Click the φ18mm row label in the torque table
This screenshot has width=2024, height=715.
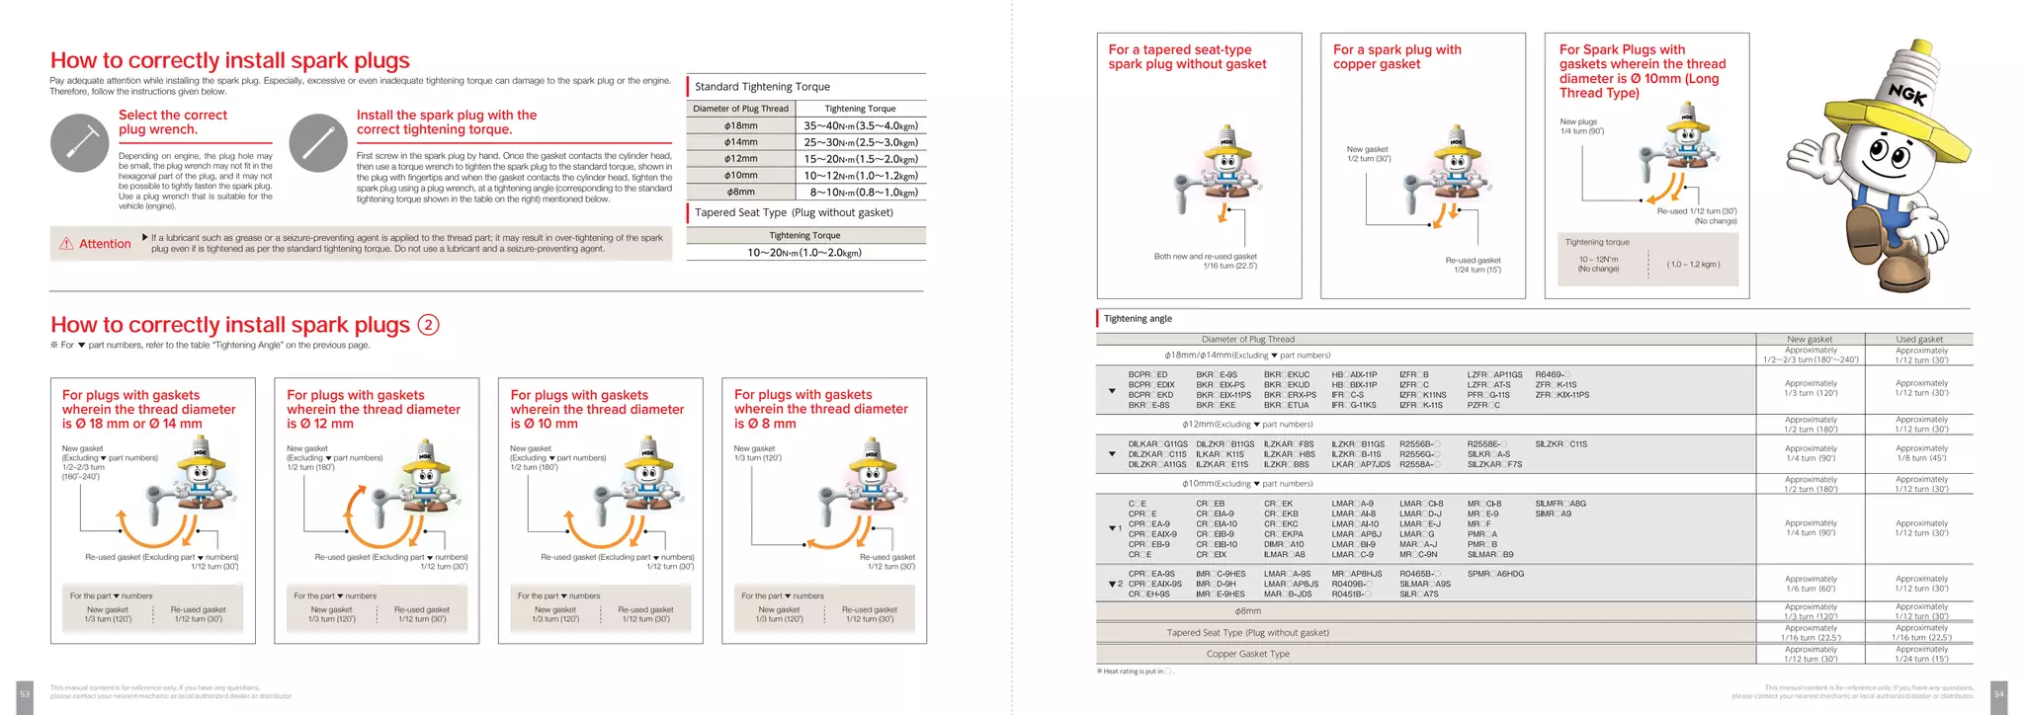[x=740, y=125]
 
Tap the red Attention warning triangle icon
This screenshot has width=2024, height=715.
[x=66, y=244]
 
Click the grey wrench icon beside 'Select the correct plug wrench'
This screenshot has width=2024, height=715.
[x=79, y=143]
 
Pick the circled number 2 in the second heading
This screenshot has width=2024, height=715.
[x=428, y=325]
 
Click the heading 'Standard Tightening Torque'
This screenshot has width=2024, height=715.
[x=762, y=87]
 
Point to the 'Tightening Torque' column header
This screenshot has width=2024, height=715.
[x=860, y=109]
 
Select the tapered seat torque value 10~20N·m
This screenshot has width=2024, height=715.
[x=804, y=253]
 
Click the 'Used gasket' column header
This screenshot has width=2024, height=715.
[x=1918, y=339]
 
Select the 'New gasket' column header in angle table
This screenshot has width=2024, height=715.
[x=1810, y=339]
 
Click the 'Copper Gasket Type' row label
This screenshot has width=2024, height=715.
[x=1247, y=654]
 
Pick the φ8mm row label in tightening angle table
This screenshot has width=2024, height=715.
[x=1247, y=611]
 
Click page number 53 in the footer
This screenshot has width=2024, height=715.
[x=25, y=694]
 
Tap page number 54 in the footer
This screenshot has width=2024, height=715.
[x=1998, y=694]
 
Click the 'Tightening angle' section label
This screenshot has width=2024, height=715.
[x=1138, y=318]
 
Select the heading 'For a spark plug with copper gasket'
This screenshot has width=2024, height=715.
[x=1396, y=56]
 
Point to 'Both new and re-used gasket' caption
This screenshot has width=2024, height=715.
[x=1205, y=256]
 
